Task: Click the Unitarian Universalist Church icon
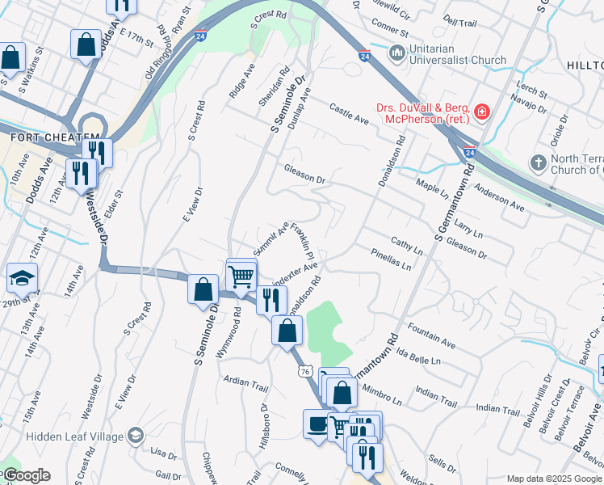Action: pos(396,54)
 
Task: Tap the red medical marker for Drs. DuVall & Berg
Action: pos(481,111)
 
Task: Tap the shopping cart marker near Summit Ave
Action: pos(241,276)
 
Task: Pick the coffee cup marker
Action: pos(317,425)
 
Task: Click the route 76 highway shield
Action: pos(304,371)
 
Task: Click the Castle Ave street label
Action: pos(349,114)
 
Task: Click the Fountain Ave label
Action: pos(431,337)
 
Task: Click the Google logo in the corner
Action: pos(26,475)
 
